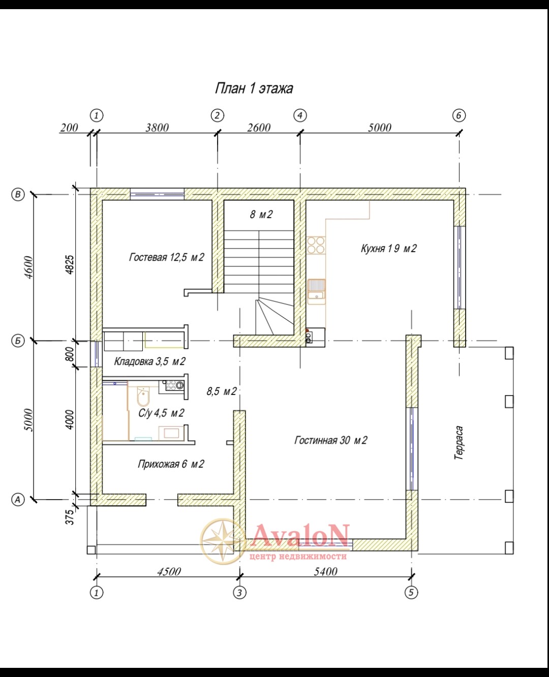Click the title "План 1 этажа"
tap(254, 88)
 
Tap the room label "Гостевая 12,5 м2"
tap(166, 257)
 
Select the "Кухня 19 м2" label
tap(388, 248)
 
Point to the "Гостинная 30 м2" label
tap(330, 440)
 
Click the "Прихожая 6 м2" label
tap(171, 464)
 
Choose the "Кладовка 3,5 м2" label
tap(149, 361)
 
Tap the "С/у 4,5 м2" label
tap(161, 413)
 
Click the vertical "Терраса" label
tap(459, 443)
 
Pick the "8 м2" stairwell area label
tap(261, 214)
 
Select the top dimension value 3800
tap(157, 128)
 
